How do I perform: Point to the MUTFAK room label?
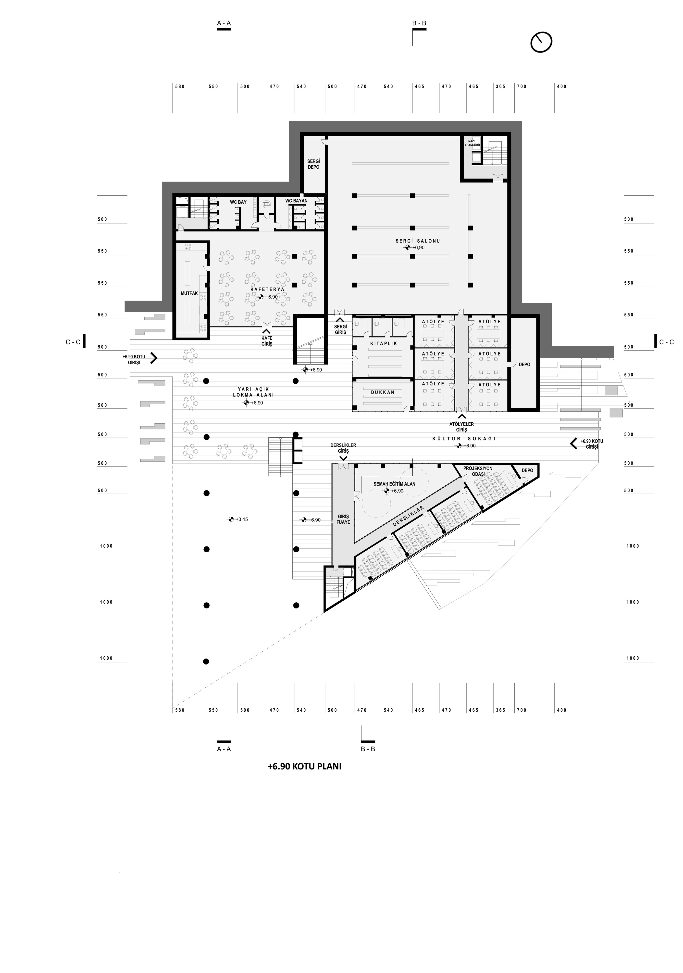click(x=189, y=293)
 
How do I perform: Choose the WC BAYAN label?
click(x=296, y=201)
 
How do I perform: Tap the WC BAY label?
click(x=238, y=202)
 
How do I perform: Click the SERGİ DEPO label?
click(x=313, y=164)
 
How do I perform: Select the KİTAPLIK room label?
click(x=384, y=343)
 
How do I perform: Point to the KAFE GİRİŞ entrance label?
click(x=267, y=341)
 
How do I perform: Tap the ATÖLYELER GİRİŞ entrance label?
click(x=461, y=427)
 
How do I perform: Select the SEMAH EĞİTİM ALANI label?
click(x=395, y=483)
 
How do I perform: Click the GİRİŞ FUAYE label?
click(x=343, y=519)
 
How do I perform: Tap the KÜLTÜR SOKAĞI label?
click(x=464, y=439)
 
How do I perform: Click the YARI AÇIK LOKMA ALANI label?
click(x=253, y=392)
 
